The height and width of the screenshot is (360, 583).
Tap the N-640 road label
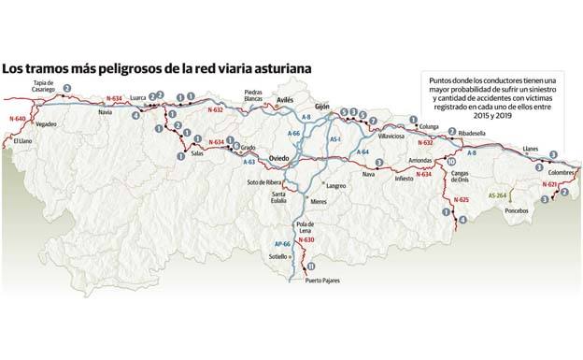click(x=15, y=119)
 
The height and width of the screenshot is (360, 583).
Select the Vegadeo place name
click(x=46, y=124)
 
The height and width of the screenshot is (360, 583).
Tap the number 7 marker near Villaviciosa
click(x=373, y=122)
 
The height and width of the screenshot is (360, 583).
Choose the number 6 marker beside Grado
click(x=236, y=145)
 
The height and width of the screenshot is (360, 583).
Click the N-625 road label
click(x=460, y=200)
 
